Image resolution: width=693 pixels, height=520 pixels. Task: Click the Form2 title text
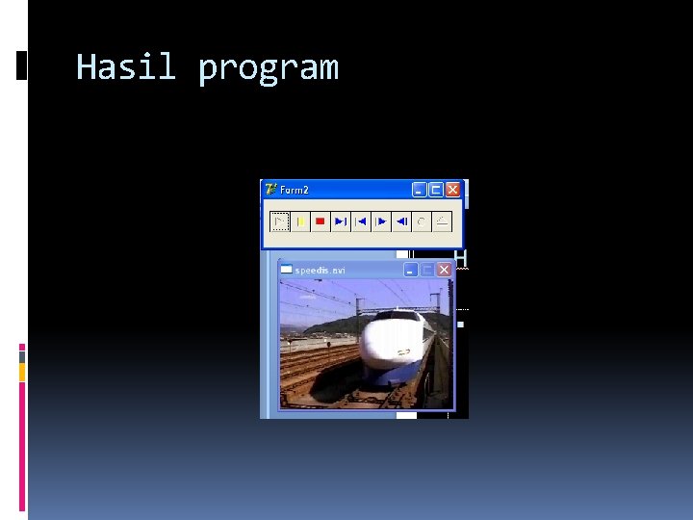(x=295, y=191)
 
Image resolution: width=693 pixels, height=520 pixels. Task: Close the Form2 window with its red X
(x=453, y=191)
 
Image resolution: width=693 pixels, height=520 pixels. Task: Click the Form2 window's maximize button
(x=436, y=191)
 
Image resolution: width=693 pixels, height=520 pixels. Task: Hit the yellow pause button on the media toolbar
(x=299, y=222)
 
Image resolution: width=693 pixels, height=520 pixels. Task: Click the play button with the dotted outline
(x=278, y=222)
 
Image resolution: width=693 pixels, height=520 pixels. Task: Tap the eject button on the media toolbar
(x=442, y=222)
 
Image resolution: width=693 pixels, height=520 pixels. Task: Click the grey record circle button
(x=422, y=222)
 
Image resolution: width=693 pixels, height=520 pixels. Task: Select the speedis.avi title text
(x=320, y=271)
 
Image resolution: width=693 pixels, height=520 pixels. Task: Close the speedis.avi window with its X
(x=444, y=271)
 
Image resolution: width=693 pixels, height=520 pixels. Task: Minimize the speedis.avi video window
(x=411, y=271)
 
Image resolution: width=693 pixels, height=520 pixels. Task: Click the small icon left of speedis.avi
(x=286, y=270)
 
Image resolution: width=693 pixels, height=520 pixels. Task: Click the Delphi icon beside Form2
(x=270, y=190)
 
